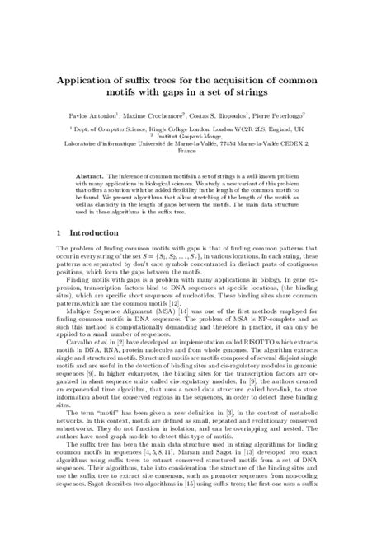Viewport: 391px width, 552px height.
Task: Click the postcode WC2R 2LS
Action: coord(266,130)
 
